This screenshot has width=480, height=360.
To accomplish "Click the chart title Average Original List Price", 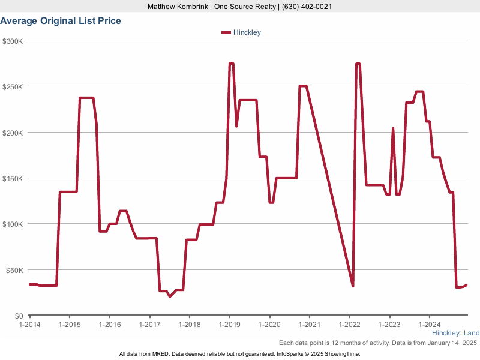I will (x=61, y=21).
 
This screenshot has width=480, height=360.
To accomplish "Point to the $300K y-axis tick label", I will (x=13, y=41).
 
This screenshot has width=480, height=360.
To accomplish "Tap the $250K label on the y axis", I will (x=13, y=86).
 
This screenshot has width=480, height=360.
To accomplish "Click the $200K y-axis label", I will (x=13, y=133).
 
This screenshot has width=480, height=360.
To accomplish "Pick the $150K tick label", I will (x=13, y=178).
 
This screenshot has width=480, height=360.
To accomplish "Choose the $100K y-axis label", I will (x=13, y=224).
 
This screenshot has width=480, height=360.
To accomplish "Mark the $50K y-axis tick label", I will (x=14, y=270).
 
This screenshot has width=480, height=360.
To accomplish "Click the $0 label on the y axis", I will (x=19, y=316).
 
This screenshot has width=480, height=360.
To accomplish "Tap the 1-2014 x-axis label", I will (x=29, y=325).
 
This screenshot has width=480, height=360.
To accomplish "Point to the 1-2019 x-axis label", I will (x=229, y=325).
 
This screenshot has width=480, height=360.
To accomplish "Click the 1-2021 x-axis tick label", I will (x=309, y=325).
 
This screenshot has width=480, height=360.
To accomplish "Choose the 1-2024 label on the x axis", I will (x=430, y=325).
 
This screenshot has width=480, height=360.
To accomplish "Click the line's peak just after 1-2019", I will (x=231, y=64).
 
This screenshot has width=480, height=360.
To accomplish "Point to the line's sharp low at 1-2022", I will (x=353, y=286).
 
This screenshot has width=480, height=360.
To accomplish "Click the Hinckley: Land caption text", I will (x=455, y=333).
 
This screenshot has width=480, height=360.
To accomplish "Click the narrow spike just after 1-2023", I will (x=393, y=128).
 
